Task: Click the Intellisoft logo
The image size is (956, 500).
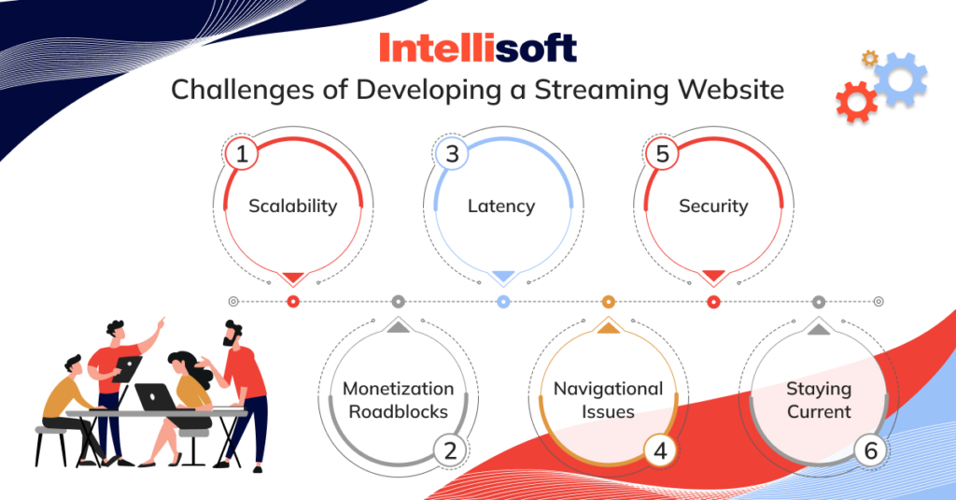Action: click(478, 48)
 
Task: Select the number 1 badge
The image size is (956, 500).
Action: click(242, 153)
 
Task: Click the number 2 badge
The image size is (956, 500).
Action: click(450, 451)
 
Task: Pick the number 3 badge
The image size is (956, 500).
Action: click(452, 153)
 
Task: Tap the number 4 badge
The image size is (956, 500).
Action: click(660, 451)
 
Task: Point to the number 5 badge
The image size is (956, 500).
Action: click(662, 153)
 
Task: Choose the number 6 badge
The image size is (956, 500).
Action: click(871, 451)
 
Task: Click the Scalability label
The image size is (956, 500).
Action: click(292, 207)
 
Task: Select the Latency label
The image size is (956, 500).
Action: click(501, 207)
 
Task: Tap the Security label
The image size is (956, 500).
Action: click(713, 207)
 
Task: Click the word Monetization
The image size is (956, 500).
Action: click(398, 388)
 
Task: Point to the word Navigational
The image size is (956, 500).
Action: click(608, 389)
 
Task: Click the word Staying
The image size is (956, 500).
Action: click(819, 389)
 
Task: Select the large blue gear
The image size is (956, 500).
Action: click(901, 79)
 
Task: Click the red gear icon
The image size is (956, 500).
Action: click(856, 102)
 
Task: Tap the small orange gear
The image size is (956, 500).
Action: click(869, 59)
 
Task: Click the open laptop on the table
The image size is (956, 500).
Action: click(156, 397)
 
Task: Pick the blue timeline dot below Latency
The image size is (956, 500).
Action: click(503, 301)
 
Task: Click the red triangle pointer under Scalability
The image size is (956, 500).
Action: click(292, 278)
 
